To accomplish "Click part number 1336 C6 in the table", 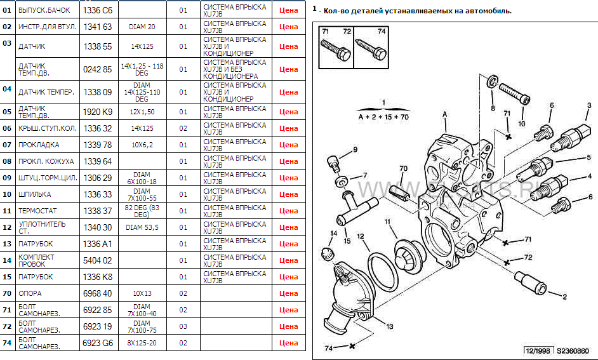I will coord(98,11).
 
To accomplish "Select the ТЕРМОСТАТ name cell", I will coord(38,211).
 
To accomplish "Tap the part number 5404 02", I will coord(98,260).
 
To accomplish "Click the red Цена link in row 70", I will coord(288,293).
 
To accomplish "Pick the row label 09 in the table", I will coord(8,178).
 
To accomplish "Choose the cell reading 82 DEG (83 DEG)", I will coord(142,211).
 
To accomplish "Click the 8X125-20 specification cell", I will coord(142,343).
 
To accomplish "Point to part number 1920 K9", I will coord(98,112).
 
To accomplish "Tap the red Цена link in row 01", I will coord(288,11).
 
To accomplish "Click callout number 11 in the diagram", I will coord(387,222).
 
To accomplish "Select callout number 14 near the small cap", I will coord(332,233).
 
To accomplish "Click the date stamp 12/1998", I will coord(537,350).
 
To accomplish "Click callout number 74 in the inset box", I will coord(381,31).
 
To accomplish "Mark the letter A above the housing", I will coord(445,114).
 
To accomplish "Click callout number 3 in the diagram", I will coord(588,105).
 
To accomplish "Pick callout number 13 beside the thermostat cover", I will coord(389,326).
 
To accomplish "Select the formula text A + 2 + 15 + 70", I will coord(383,117).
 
